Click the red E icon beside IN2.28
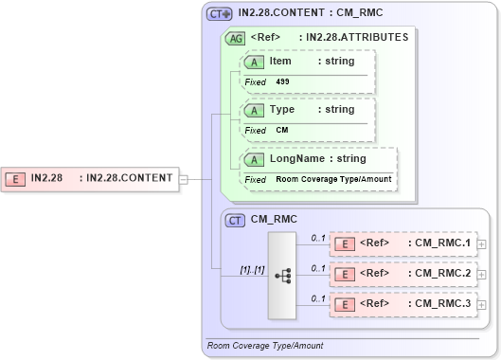pos(16,178)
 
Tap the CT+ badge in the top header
pos(220,14)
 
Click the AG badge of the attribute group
pos(234,39)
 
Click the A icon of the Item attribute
pos(255,62)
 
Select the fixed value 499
pos(283,82)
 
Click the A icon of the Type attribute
pos(255,110)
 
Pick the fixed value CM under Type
pos(282,131)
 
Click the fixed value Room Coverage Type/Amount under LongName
pos(333,179)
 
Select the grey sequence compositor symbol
pos(282,275)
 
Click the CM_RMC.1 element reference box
pos(403,243)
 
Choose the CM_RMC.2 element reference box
pos(403,274)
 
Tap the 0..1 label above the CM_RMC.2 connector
pos(318,267)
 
